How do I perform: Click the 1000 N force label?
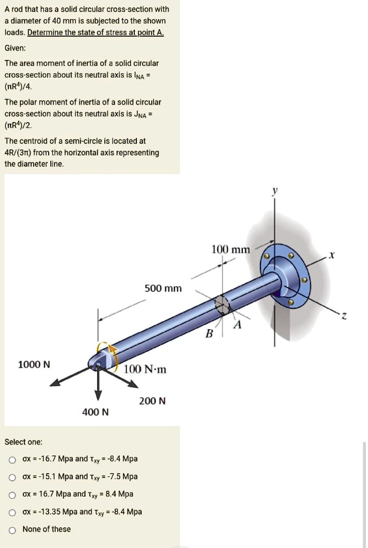tap(34, 364)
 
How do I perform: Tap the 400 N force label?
tap(95, 412)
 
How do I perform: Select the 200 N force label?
tap(152, 401)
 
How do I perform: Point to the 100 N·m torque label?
tap(145, 369)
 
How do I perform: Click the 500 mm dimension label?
tap(163, 289)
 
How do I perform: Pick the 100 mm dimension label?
tap(231, 249)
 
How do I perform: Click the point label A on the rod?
tap(237, 325)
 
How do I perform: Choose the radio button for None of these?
tap(12, 530)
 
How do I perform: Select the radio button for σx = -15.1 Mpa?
tap(12, 477)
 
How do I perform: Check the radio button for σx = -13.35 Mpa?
tap(12, 512)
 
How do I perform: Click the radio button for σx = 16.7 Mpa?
tap(12, 494)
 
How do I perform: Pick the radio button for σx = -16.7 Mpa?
tap(12, 459)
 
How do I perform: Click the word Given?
tap(15, 48)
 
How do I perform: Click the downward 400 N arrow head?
tap(98, 395)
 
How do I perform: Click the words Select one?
tap(23, 442)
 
